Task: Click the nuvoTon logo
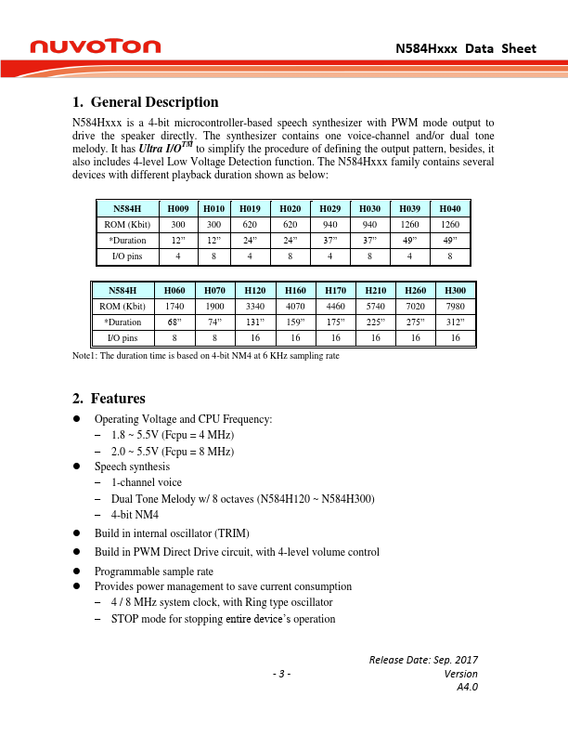pos(96,46)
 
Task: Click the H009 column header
pos(176,208)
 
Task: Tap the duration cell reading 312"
pos(456,322)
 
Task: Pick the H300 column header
pos(456,290)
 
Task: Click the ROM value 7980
pos(456,306)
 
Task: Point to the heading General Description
pos(145,102)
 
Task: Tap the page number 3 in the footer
pos(282,674)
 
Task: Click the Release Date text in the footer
pos(423,660)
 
